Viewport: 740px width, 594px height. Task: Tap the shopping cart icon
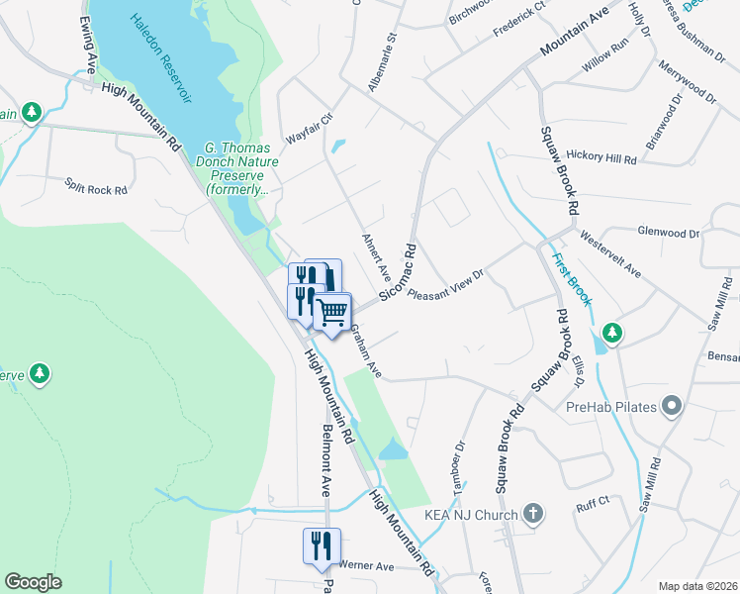pyautogui.click(x=333, y=313)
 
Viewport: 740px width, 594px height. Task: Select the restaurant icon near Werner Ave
pyautogui.click(x=322, y=545)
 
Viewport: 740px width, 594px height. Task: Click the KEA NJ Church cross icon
pyautogui.click(x=533, y=514)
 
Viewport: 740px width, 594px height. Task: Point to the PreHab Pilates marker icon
pyautogui.click(x=673, y=406)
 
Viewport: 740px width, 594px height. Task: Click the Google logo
pyautogui.click(x=34, y=582)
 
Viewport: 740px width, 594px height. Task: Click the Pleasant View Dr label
pyautogui.click(x=446, y=284)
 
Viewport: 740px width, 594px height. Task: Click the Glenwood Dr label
pyautogui.click(x=669, y=233)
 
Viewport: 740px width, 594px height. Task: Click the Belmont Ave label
pyautogui.click(x=325, y=460)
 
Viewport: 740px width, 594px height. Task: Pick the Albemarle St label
pyautogui.click(x=382, y=63)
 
